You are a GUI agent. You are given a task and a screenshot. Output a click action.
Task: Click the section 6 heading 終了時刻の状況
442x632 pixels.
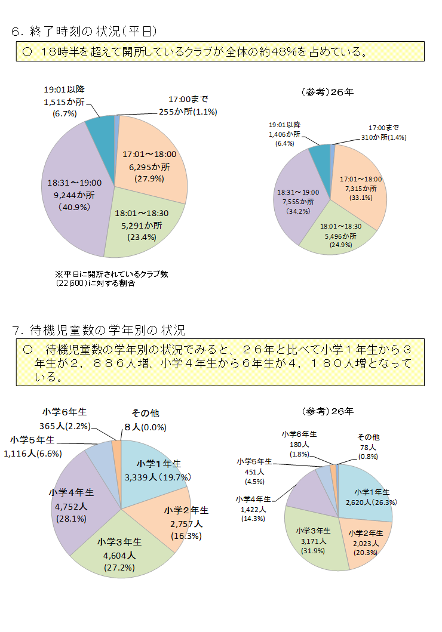pos(84,30)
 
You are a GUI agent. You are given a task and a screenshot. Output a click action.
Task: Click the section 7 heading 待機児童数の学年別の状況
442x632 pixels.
pos(99,329)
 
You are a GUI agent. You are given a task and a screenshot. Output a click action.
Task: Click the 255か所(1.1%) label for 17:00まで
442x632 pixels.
pos(187,112)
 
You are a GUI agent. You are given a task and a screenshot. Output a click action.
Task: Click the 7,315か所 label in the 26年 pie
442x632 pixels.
pos(360,189)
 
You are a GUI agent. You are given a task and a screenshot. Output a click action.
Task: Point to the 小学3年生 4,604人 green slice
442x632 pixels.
pos(119,556)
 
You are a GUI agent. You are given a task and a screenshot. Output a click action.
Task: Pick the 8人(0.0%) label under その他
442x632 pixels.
pos(145,427)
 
